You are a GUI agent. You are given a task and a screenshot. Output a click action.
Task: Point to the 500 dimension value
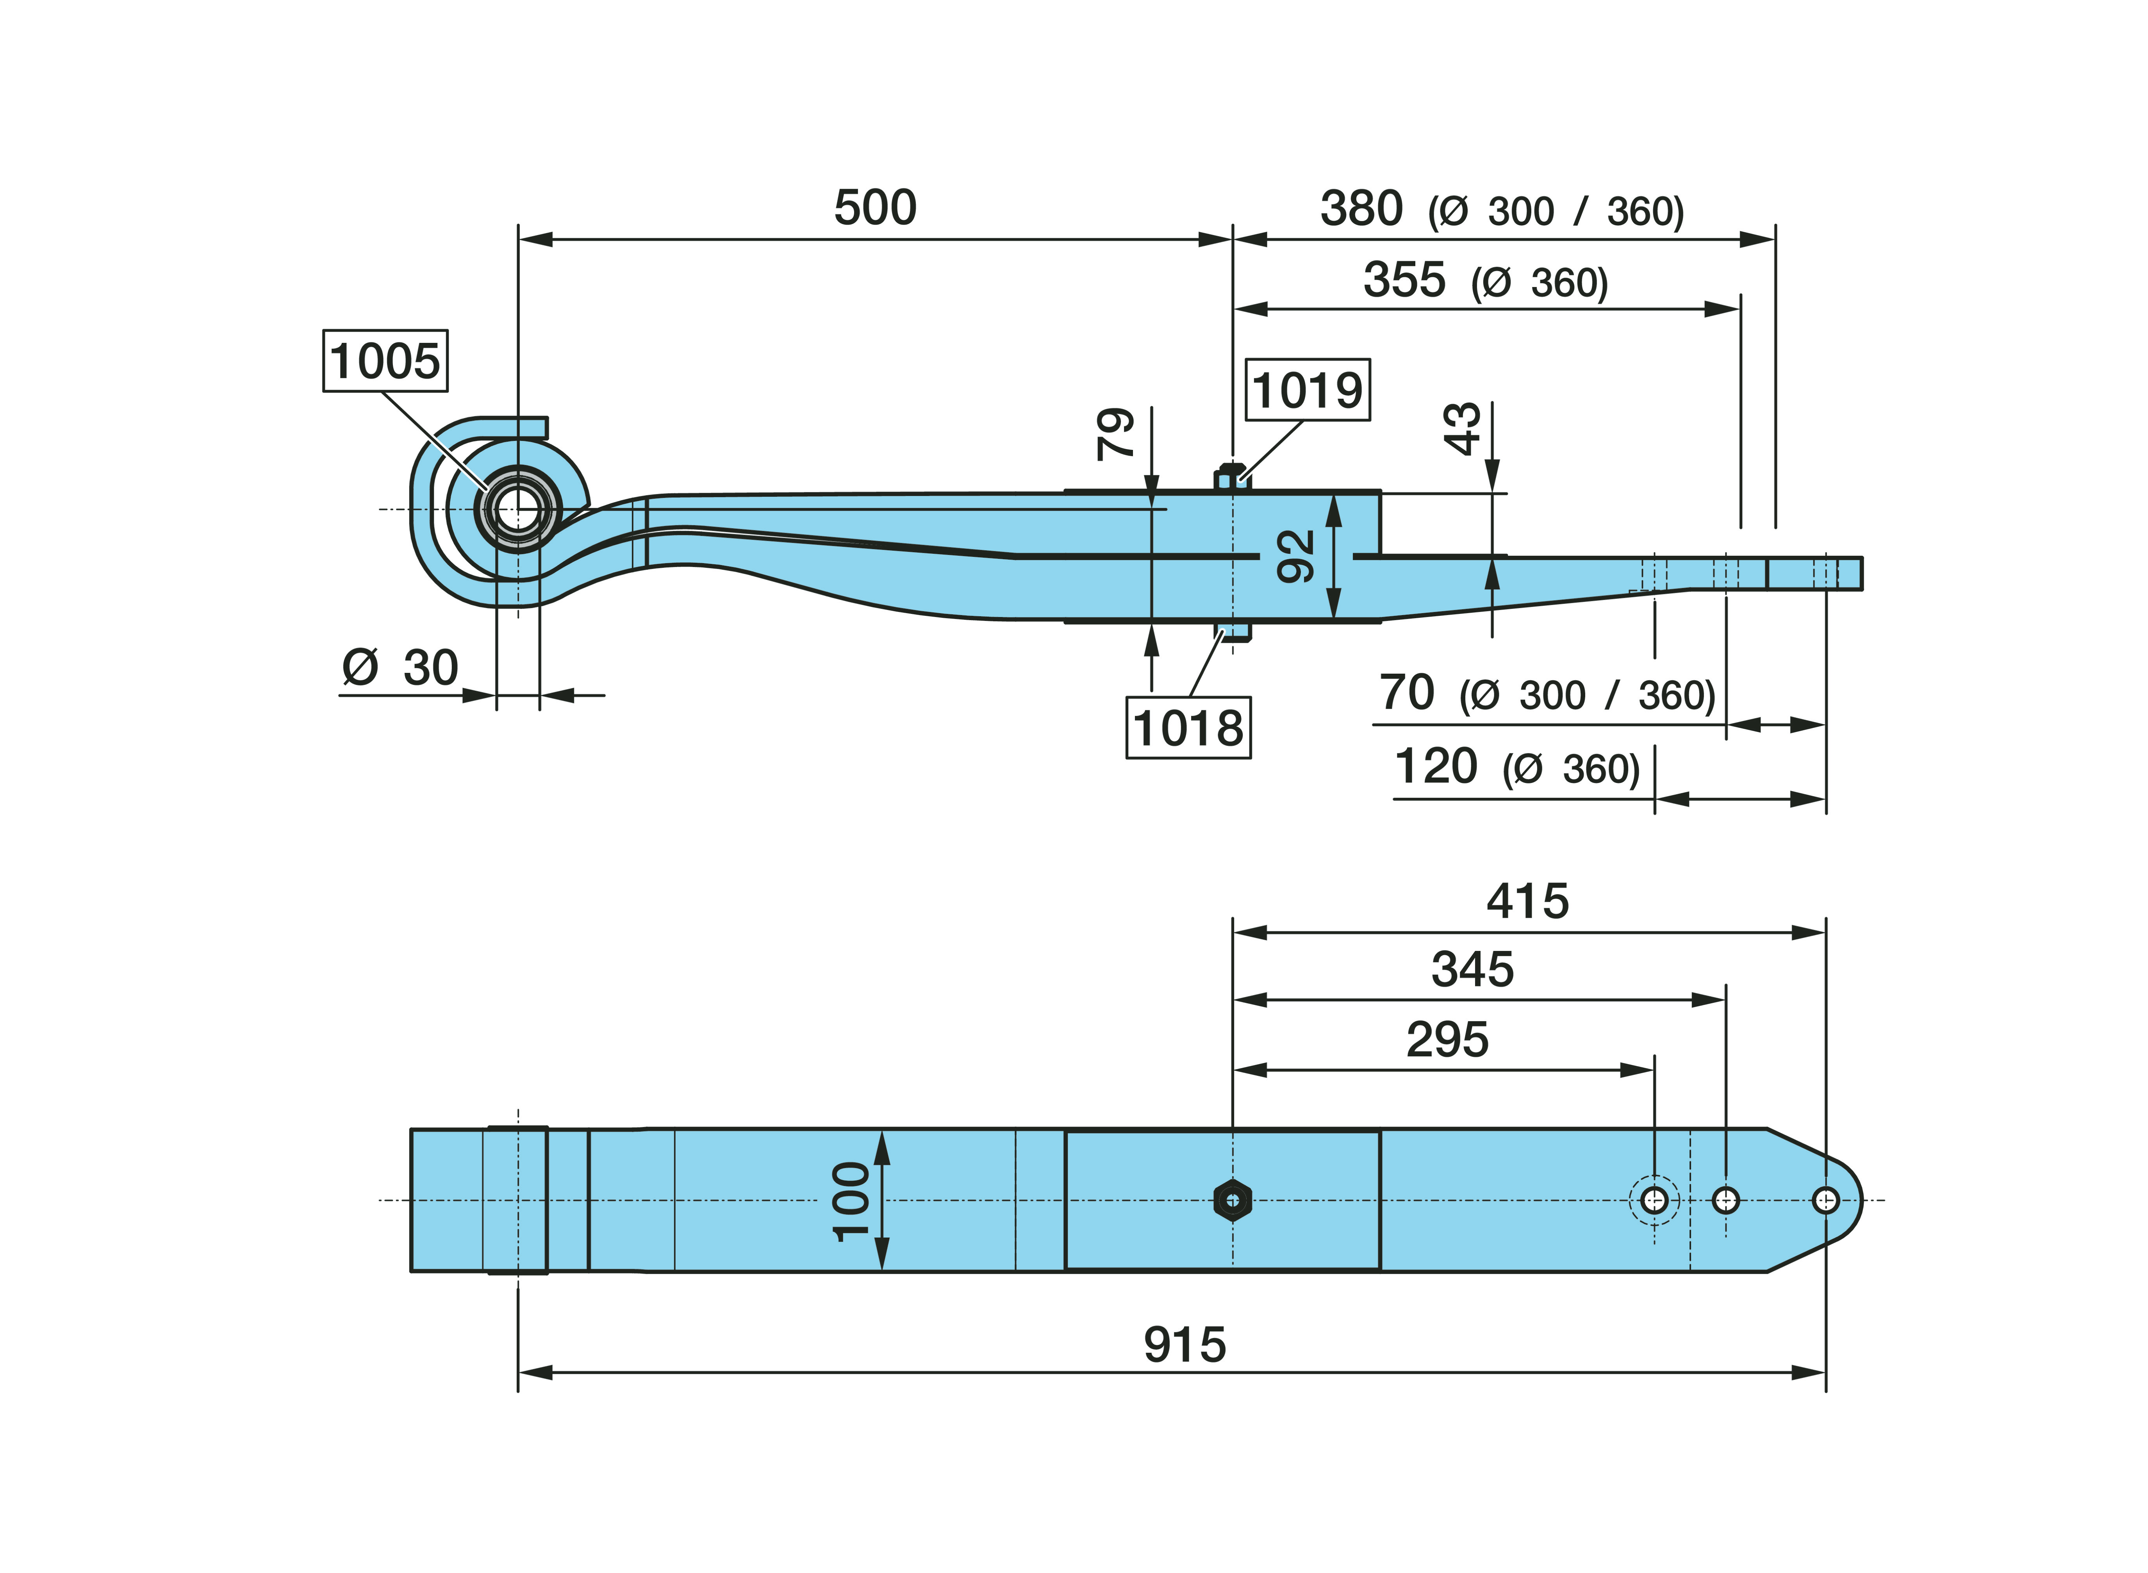[875, 208]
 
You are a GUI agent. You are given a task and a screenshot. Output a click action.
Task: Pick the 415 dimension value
[1527, 901]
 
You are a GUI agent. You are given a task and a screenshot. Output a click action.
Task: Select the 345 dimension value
[1472, 969]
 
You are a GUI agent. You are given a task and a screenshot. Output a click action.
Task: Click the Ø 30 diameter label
[400, 667]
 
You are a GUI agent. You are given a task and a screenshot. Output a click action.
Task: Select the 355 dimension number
[1404, 280]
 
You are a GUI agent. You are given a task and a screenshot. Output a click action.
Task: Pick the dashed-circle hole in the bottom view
[1654, 1200]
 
